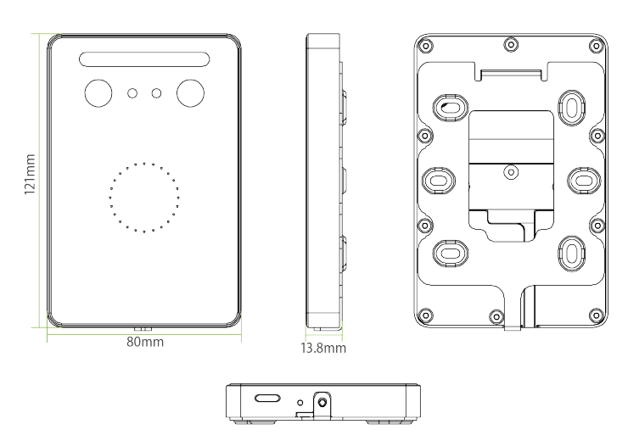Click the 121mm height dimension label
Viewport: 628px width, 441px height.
[30, 174]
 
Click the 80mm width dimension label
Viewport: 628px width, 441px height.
[145, 342]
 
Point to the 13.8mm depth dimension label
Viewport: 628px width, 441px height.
[323, 348]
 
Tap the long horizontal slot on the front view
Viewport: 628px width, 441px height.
[144, 59]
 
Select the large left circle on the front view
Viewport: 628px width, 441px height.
[98, 93]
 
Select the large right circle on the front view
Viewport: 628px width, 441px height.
[191, 93]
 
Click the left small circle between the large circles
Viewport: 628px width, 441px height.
[132, 93]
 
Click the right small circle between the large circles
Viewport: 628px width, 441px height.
[156, 93]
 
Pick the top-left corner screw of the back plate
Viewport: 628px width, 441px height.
[425, 45]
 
